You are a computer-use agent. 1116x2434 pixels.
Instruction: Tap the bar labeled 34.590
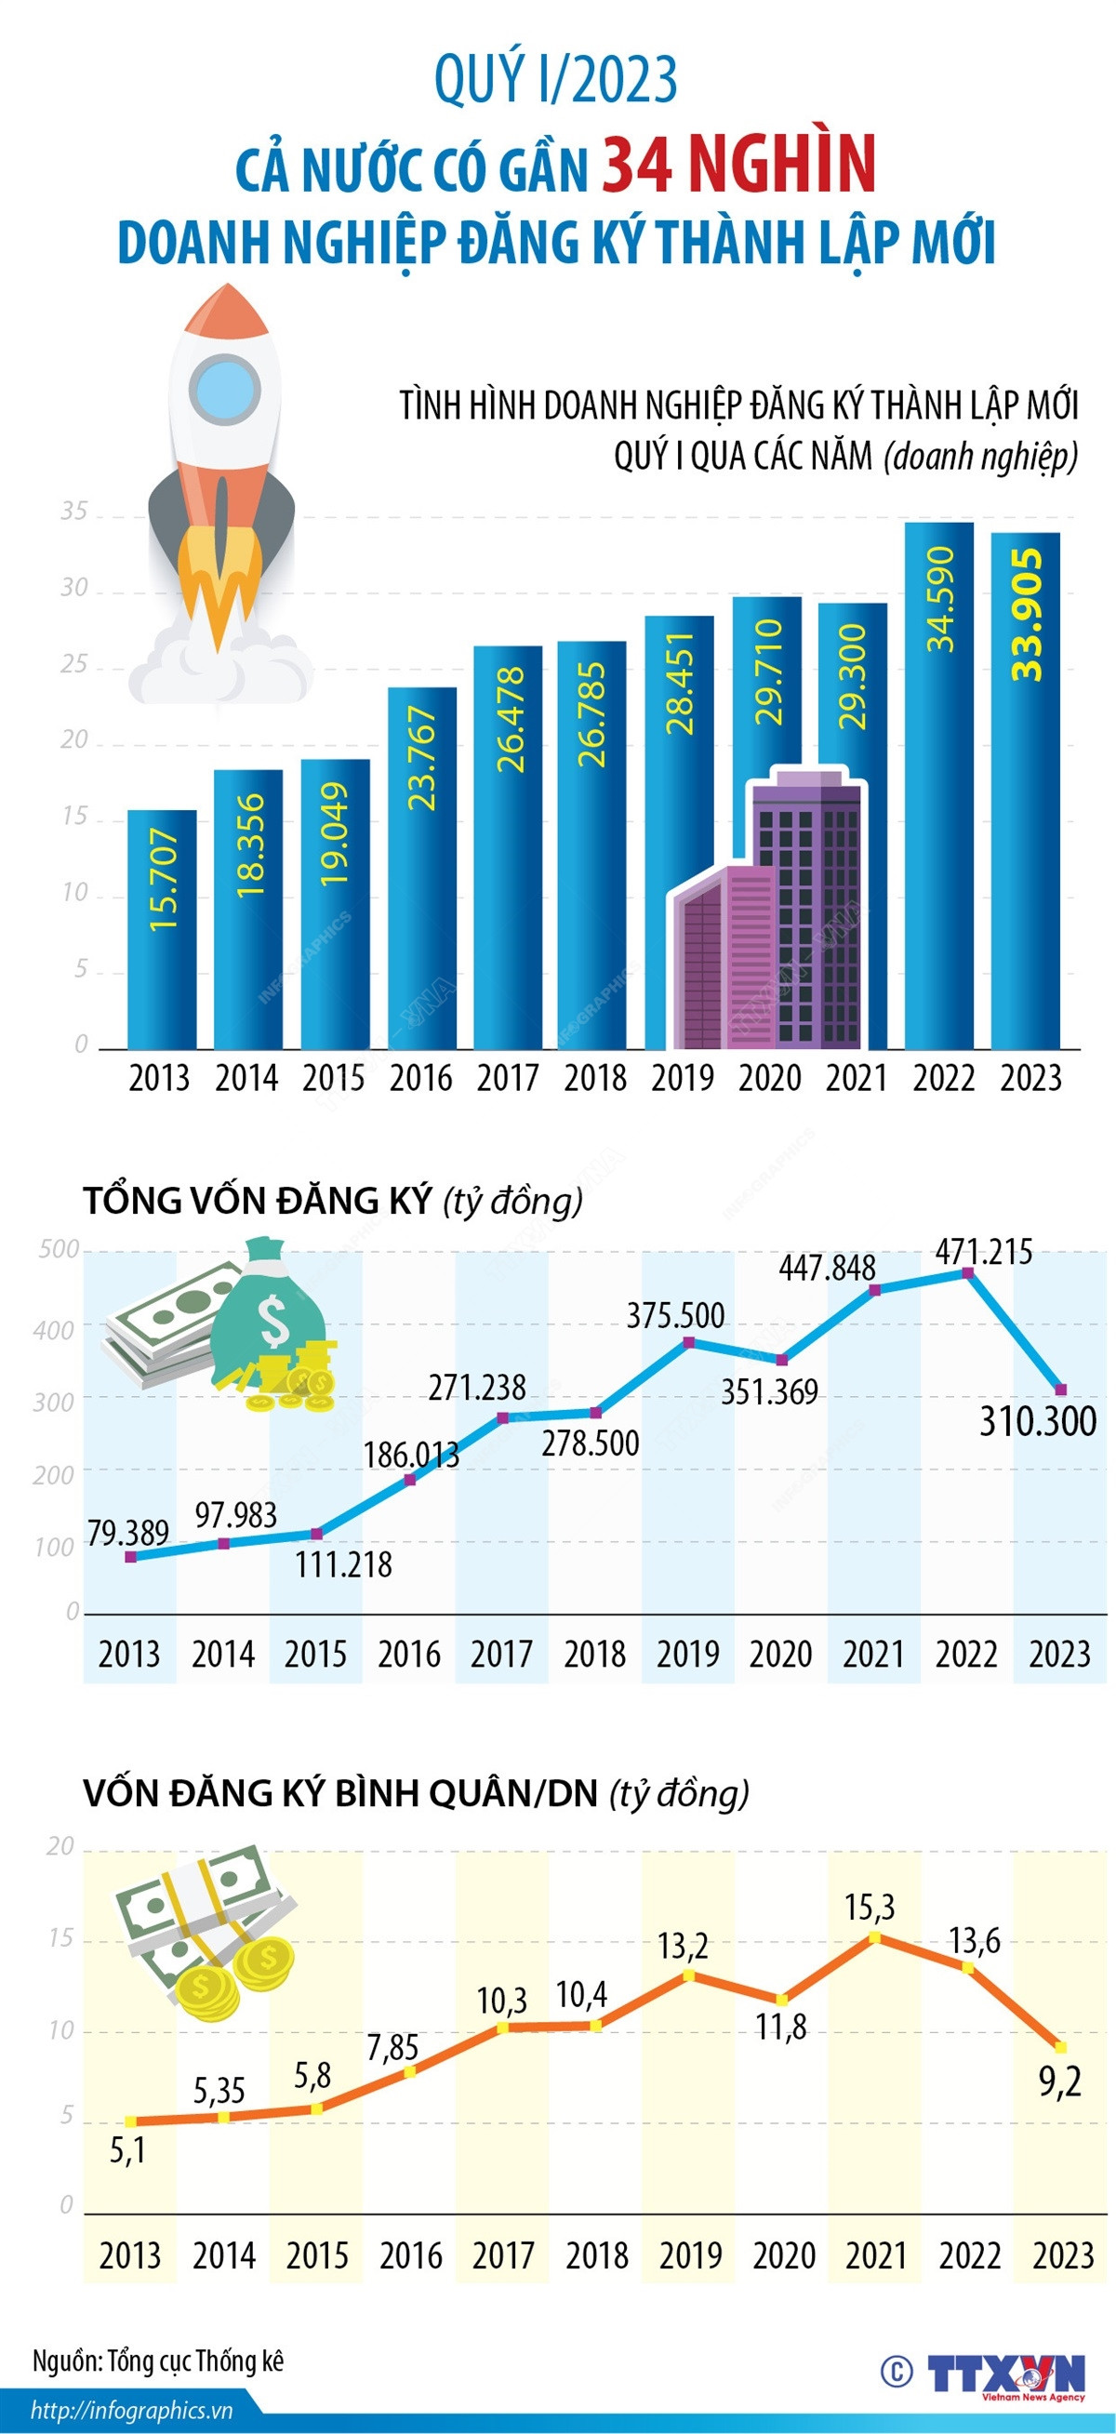click(938, 784)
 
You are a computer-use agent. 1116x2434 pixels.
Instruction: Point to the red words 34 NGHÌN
click(739, 165)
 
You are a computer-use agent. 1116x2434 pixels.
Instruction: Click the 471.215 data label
click(983, 1251)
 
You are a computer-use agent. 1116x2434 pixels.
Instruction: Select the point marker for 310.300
click(1060, 1389)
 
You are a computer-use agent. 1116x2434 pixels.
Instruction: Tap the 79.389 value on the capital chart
click(127, 1532)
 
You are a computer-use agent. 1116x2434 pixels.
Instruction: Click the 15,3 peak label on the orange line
click(870, 1907)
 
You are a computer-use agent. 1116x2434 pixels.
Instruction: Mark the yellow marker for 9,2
click(1060, 2046)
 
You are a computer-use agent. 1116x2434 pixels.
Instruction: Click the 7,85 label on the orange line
click(392, 2047)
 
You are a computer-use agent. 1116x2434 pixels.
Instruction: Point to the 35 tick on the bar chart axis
click(73, 512)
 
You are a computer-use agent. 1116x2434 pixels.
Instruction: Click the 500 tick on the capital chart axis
click(59, 1249)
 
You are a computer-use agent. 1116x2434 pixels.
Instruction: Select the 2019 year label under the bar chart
click(683, 1078)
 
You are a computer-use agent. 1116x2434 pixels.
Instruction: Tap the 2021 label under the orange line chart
click(876, 2256)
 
